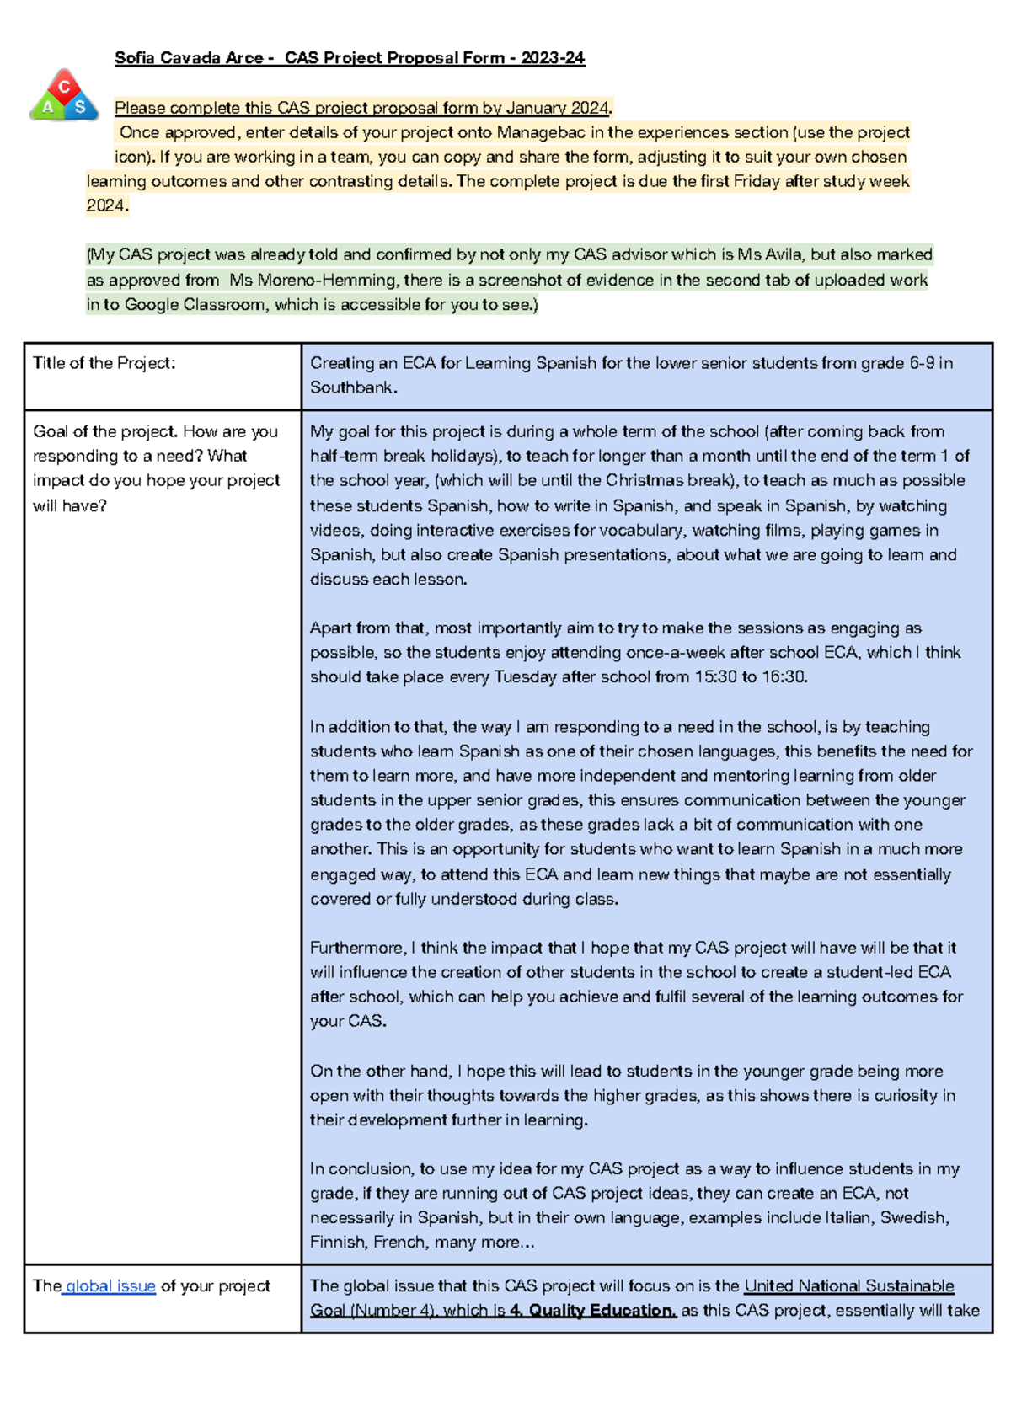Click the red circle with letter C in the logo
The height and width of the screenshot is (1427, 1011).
64,86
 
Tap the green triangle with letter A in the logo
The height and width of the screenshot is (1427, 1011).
47,107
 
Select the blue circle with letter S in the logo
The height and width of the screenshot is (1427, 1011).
81,107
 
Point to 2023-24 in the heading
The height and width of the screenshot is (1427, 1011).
553,58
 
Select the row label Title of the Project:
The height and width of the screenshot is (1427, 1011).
104,363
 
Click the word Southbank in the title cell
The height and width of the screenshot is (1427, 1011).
350,387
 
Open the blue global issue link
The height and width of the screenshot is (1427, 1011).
110,1286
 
